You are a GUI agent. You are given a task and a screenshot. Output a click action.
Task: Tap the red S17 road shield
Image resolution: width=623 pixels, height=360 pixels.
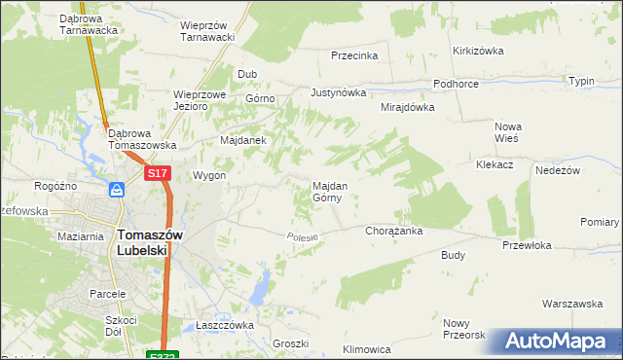[159, 173]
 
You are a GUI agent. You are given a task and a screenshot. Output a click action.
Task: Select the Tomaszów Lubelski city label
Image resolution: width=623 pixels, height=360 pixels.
[143, 241]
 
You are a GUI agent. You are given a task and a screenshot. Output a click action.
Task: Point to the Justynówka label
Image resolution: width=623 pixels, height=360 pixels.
[338, 93]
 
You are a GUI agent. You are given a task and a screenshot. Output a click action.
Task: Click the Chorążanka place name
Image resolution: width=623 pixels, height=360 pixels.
[392, 232]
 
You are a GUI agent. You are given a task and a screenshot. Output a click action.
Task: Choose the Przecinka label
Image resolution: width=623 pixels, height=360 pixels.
[354, 55]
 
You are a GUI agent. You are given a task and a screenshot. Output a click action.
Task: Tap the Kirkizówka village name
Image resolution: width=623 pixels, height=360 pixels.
[476, 51]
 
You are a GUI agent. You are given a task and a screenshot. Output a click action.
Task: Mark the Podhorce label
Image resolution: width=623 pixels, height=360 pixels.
[456, 84]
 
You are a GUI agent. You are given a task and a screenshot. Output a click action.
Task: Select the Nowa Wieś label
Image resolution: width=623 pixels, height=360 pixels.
[508, 131]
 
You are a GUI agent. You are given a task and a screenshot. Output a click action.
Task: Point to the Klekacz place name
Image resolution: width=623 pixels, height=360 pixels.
[495, 165]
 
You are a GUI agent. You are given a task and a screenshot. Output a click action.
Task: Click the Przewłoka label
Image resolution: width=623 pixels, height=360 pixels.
[527, 246]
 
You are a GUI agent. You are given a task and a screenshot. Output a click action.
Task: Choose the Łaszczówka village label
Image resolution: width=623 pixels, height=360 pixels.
[224, 325]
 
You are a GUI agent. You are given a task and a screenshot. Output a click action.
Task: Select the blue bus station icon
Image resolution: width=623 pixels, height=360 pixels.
[116, 190]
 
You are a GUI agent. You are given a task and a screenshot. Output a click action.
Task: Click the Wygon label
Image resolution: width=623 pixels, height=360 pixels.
[209, 176]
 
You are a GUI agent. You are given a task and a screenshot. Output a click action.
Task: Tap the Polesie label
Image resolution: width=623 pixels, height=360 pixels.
[303, 236]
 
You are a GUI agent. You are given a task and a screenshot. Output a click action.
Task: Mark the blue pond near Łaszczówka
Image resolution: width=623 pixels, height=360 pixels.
[261, 286]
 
